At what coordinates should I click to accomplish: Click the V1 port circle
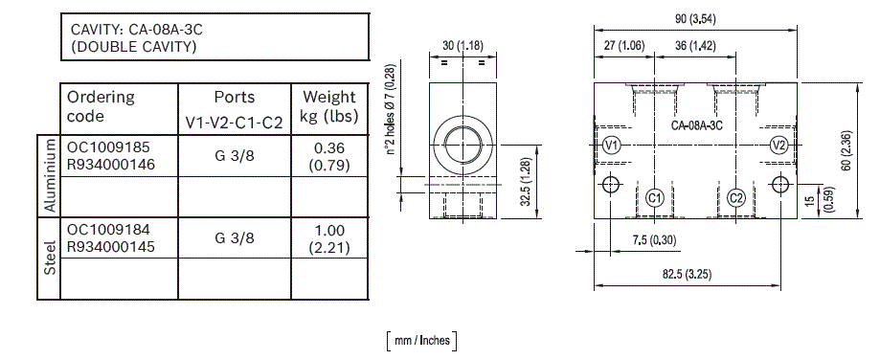point(612,146)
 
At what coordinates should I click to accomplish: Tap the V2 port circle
point(778,146)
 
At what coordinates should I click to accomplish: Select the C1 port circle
point(654,198)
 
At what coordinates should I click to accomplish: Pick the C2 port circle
point(735,198)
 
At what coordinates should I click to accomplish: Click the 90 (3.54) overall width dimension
point(695,19)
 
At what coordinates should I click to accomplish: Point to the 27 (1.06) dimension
point(624,46)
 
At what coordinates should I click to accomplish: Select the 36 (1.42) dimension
point(695,46)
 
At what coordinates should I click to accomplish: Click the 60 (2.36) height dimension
point(846,150)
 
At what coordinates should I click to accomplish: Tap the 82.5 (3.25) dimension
point(688,274)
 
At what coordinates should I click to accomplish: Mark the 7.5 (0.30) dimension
point(654,240)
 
